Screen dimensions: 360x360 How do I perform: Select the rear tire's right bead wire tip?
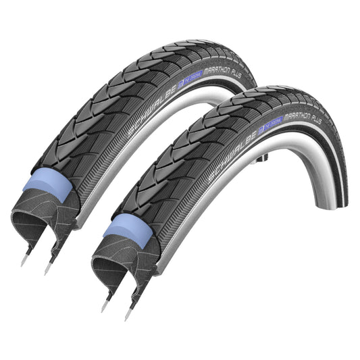47,270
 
